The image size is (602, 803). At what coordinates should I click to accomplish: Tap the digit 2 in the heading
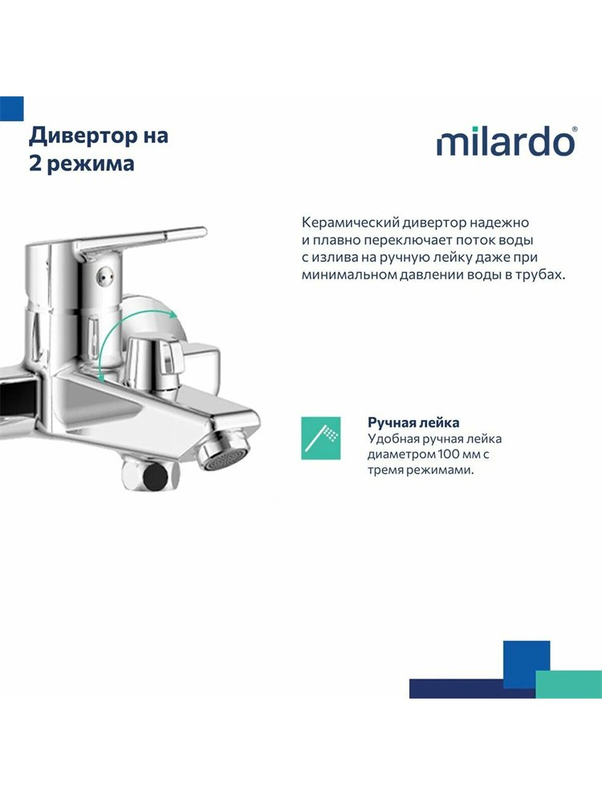35,164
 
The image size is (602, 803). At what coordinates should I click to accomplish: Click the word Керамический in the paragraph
350,223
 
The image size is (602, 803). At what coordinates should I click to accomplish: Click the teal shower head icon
320,438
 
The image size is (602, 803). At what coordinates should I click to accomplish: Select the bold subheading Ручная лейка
413,422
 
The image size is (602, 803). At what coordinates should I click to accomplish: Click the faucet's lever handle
140,239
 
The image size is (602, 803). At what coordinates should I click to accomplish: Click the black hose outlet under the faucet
155,475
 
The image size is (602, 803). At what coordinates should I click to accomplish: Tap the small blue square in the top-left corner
12,108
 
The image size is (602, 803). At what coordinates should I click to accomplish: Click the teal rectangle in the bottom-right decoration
569,684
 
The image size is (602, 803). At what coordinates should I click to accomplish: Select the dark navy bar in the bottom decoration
471,688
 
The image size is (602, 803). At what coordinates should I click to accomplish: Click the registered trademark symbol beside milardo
575,131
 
